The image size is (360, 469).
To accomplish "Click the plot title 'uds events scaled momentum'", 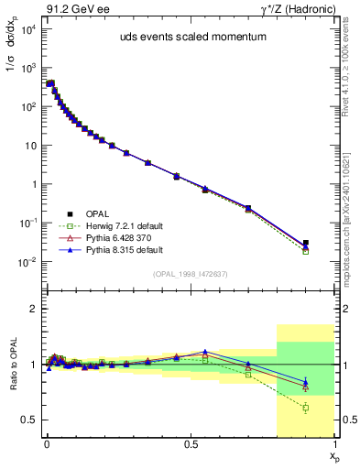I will tap(188, 38).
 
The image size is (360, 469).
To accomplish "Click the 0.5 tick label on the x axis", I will tap(191, 443).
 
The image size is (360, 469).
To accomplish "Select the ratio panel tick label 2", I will tap(32, 309).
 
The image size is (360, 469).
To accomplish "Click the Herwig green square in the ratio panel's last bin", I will tap(306, 408).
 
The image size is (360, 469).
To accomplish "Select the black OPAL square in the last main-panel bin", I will tap(306, 244).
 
